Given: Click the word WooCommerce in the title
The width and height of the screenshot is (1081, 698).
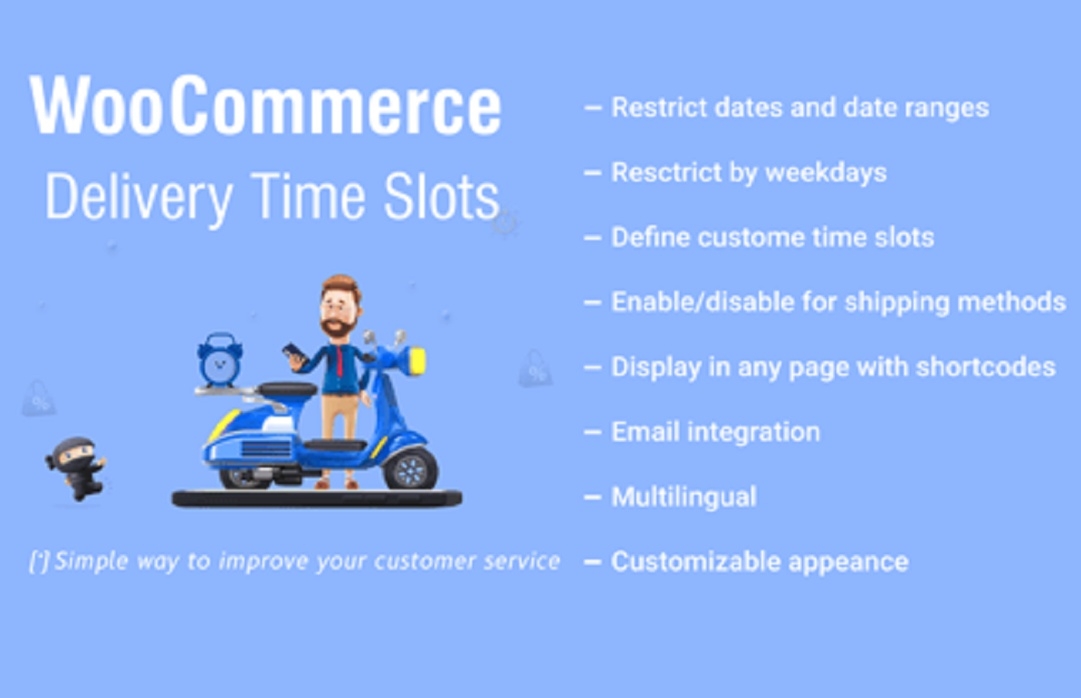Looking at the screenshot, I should (x=265, y=108).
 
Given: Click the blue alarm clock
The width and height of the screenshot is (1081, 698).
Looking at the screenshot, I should (x=220, y=359).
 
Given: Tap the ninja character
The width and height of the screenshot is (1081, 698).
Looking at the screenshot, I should (x=75, y=466).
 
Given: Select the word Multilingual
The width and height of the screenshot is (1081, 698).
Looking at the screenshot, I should (x=684, y=497).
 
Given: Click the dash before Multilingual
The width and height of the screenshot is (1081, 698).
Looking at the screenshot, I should (x=593, y=498).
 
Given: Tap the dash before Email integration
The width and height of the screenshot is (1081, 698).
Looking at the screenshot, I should (x=593, y=432).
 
